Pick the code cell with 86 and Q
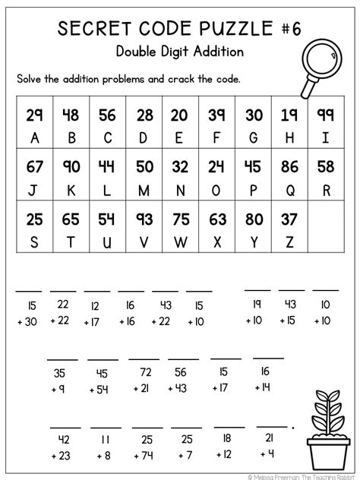pyautogui.click(x=290, y=176)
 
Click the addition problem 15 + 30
pyautogui.click(x=30, y=312)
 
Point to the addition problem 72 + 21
pyautogui.click(x=144, y=380)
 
